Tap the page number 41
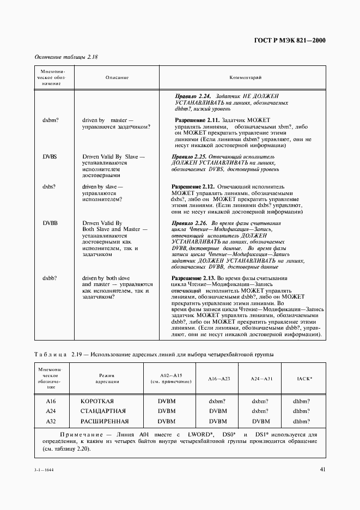322,469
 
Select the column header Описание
117,78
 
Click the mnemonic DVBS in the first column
50,156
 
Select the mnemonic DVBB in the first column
50,223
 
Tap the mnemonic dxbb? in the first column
50,278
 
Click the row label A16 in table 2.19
51,401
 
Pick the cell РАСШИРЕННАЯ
104,422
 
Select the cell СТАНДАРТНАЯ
103,411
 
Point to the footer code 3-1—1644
45,470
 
